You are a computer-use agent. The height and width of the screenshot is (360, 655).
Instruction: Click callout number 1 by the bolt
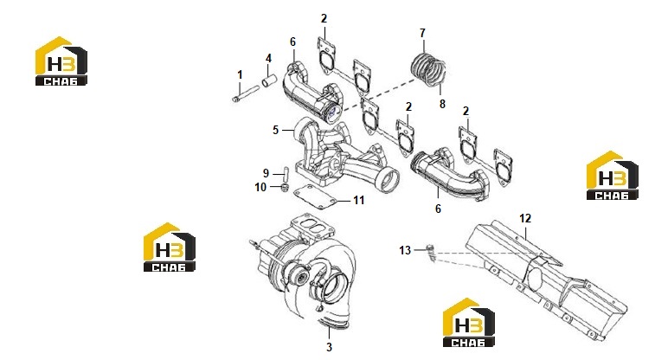tap(240, 74)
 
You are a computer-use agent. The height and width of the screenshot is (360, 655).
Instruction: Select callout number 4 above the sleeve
tap(268, 59)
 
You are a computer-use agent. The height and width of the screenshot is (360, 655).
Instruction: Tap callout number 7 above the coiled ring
tap(422, 33)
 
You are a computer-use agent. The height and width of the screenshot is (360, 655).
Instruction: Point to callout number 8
tap(442, 104)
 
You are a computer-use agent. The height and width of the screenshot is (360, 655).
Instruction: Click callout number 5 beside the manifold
tap(275, 130)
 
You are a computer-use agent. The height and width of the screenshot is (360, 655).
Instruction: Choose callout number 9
tap(266, 173)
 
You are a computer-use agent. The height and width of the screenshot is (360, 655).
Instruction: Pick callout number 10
tap(260, 187)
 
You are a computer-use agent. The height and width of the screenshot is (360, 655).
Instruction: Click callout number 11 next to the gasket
tap(359, 201)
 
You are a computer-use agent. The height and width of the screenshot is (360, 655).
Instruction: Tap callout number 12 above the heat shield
tap(525, 218)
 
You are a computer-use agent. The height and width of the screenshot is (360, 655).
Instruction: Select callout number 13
tap(405, 250)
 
